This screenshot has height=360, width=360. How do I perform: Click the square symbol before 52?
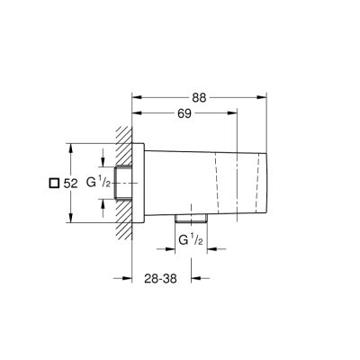pos(52,183)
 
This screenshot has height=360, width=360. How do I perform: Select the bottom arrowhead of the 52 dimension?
pos(72,220)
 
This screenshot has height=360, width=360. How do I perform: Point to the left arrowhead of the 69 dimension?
pos(136,113)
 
